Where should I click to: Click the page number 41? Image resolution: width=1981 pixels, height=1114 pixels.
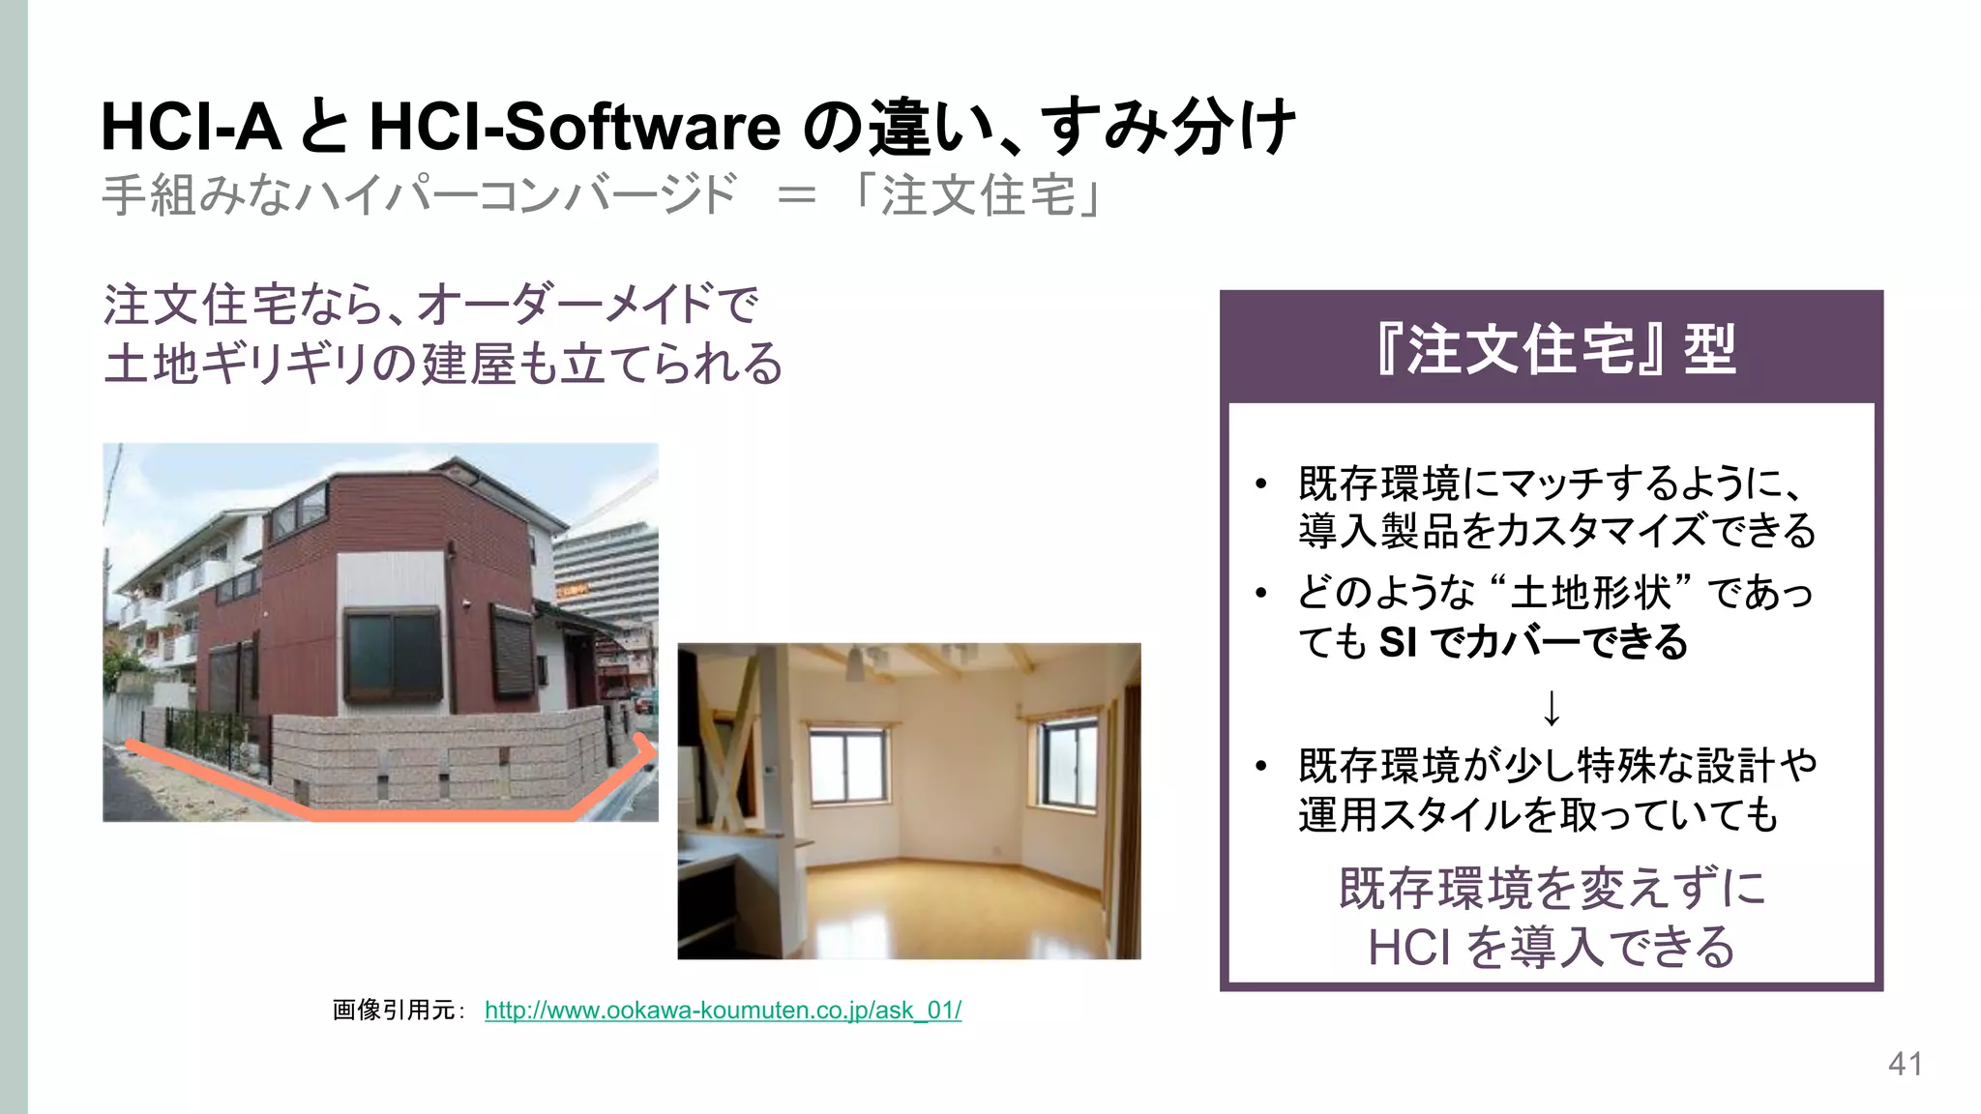[1905, 1064]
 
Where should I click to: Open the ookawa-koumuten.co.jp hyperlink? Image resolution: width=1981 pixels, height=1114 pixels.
[723, 1011]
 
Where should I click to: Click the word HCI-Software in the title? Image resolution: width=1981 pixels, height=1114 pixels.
[575, 127]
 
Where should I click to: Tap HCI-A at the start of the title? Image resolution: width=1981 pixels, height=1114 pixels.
[191, 127]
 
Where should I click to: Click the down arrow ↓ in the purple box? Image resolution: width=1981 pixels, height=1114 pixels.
[1551, 709]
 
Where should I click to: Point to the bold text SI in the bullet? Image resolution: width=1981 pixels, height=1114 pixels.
[1398, 642]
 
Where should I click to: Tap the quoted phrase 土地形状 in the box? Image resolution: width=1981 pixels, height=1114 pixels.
[1590, 592]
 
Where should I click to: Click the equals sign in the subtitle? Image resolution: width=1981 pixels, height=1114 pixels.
[796, 194]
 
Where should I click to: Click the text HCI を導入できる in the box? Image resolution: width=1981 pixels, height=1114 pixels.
[1551, 947]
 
